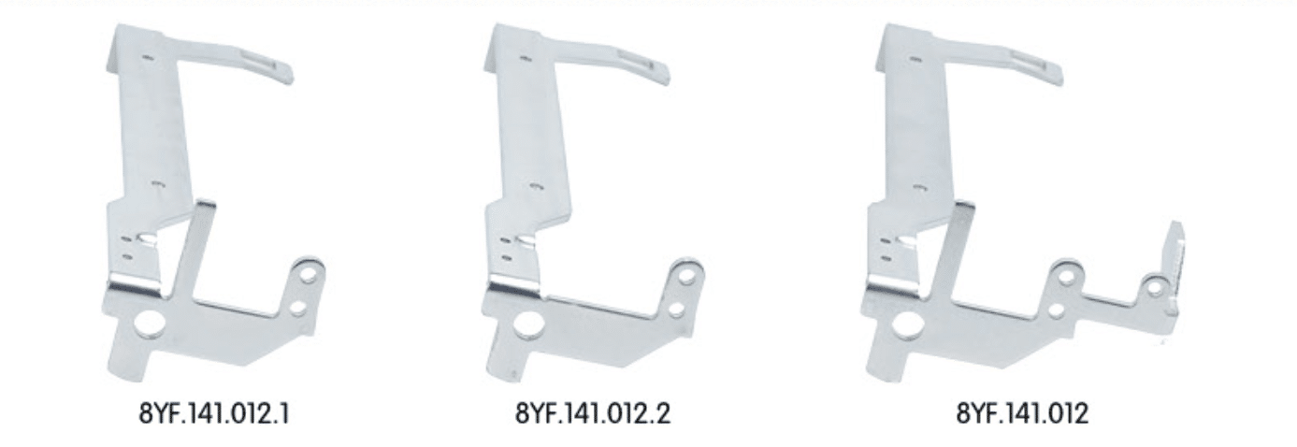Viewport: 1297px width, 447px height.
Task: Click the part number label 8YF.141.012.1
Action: [214, 413]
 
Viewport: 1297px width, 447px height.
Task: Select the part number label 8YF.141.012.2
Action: [593, 413]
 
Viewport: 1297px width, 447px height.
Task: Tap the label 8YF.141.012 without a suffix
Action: [1022, 413]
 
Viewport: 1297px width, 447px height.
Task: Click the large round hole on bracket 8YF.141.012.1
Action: [149, 323]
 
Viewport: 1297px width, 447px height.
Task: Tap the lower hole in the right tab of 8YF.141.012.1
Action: [298, 307]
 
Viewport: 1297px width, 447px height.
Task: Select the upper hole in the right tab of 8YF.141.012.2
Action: [687, 276]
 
